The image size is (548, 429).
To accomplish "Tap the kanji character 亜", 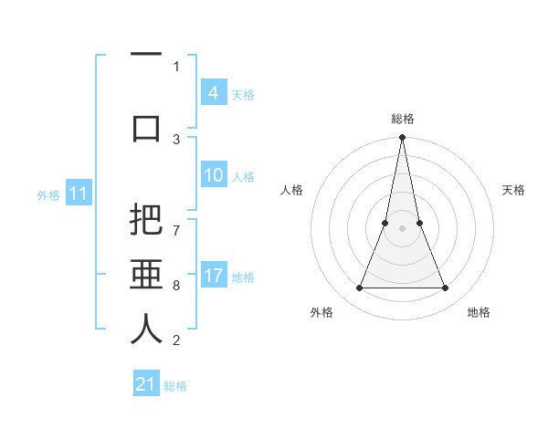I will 146,275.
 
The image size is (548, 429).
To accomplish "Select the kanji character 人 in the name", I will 146,330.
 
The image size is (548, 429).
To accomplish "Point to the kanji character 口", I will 146,127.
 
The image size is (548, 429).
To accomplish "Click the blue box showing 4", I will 213,93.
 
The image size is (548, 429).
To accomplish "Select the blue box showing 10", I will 213,176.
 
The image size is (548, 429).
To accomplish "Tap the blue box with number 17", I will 213,276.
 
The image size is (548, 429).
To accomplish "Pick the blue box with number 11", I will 78,194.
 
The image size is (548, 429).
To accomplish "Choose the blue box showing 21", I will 146,384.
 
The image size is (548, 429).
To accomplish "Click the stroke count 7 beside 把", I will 176,222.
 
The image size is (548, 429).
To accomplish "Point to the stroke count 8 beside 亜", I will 176,286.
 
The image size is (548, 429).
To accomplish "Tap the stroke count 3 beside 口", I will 176,140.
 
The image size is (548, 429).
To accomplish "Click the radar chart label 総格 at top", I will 402,119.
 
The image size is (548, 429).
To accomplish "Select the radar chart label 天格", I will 514,190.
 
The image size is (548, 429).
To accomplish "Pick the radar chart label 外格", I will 321,312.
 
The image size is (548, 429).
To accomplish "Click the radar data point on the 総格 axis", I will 402,138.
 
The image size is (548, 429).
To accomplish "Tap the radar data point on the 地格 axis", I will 446,288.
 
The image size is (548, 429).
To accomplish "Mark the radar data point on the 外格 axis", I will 359,288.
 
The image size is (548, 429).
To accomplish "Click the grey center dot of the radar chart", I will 402,228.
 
